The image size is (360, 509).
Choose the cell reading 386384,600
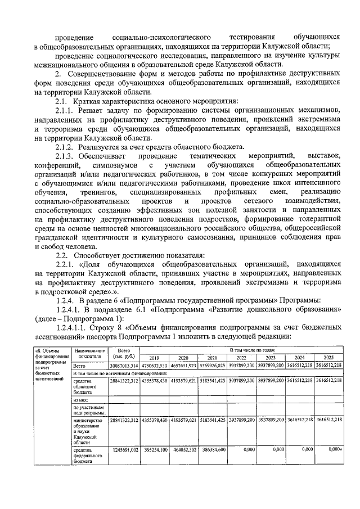click(213, 450)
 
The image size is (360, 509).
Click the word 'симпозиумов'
click(111, 165)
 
